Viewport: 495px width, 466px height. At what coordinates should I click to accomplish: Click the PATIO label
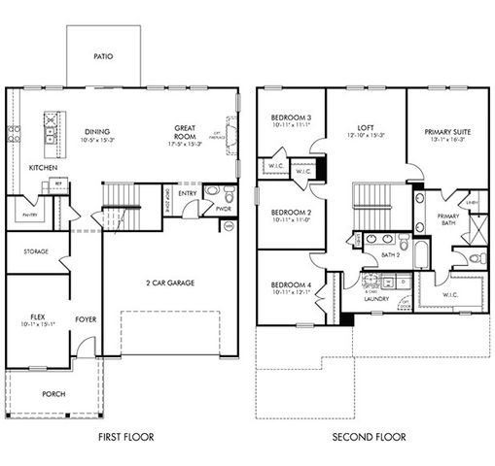click(103, 56)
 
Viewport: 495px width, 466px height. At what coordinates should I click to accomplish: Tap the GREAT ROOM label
click(186, 132)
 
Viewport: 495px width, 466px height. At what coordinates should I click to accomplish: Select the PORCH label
click(53, 394)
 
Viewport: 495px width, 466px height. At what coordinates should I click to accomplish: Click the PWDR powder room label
click(222, 207)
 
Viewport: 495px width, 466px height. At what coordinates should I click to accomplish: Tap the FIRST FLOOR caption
click(125, 437)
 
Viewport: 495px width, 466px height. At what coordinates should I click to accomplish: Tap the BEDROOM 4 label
click(290, 283)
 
